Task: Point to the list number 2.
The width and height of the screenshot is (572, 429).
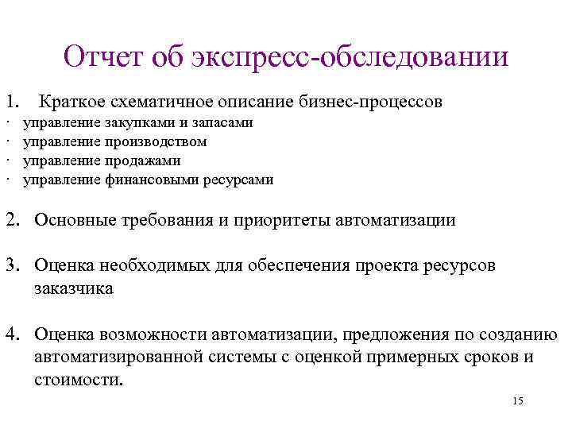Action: click(14, 220)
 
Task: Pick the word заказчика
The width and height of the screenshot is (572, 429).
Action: click(74, 288)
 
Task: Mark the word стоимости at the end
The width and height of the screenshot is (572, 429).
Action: click(79, 379)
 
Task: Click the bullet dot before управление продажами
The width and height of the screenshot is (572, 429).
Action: click(6, 161)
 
